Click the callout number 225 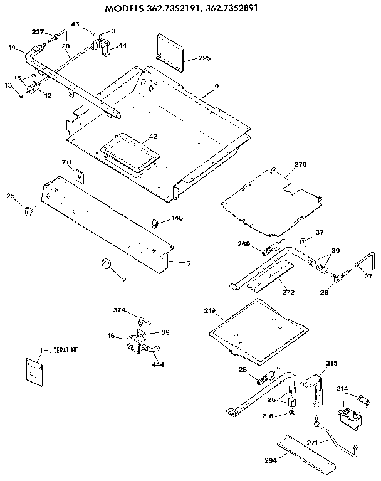204,58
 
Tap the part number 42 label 153,136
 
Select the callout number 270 301,164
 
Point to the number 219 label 209,311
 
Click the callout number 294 271,460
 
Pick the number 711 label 67,162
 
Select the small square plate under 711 80,176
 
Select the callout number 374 120,310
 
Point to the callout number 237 37,32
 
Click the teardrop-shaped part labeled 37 302,241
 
